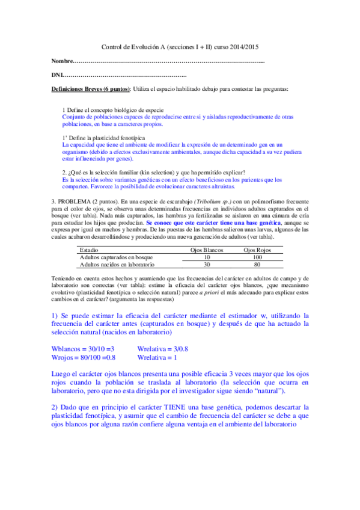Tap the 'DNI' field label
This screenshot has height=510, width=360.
click(56, 75)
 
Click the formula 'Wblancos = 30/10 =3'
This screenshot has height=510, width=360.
click(83, 349)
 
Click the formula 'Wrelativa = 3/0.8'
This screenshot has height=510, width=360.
click(163, 349)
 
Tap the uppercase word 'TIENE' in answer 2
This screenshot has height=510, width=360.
click(175, 407)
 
